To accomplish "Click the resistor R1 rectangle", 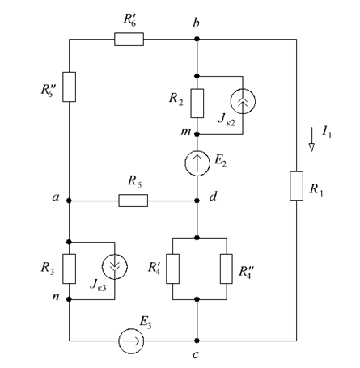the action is tap(296, 186).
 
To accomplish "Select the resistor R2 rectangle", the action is tap(197, 104).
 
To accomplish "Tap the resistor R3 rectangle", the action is tap(69, 269).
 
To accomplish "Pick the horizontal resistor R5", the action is tap(133, 201).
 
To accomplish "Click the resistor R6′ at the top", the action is tap(129, 40).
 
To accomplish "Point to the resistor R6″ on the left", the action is tap(69, 87).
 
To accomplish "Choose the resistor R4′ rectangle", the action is tap(172, 269).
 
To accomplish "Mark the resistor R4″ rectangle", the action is tap(227, 269).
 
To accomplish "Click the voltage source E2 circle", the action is tap(197, 163).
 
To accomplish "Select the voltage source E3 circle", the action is tap(131, 341).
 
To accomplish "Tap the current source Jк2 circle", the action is tap(243, 101).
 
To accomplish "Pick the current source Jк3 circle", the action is tap(115, 266).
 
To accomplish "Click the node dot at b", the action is tap(197, 40).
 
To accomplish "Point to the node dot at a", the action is tap(69, 201).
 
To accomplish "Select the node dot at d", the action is tap(197, 201).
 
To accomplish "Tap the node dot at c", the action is tap(197, 341).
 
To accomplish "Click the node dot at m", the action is tap(197, 134).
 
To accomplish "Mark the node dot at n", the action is tap(69, 299).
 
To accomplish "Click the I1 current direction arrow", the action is tap(311, 140).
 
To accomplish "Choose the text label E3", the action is tap(146, 323).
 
